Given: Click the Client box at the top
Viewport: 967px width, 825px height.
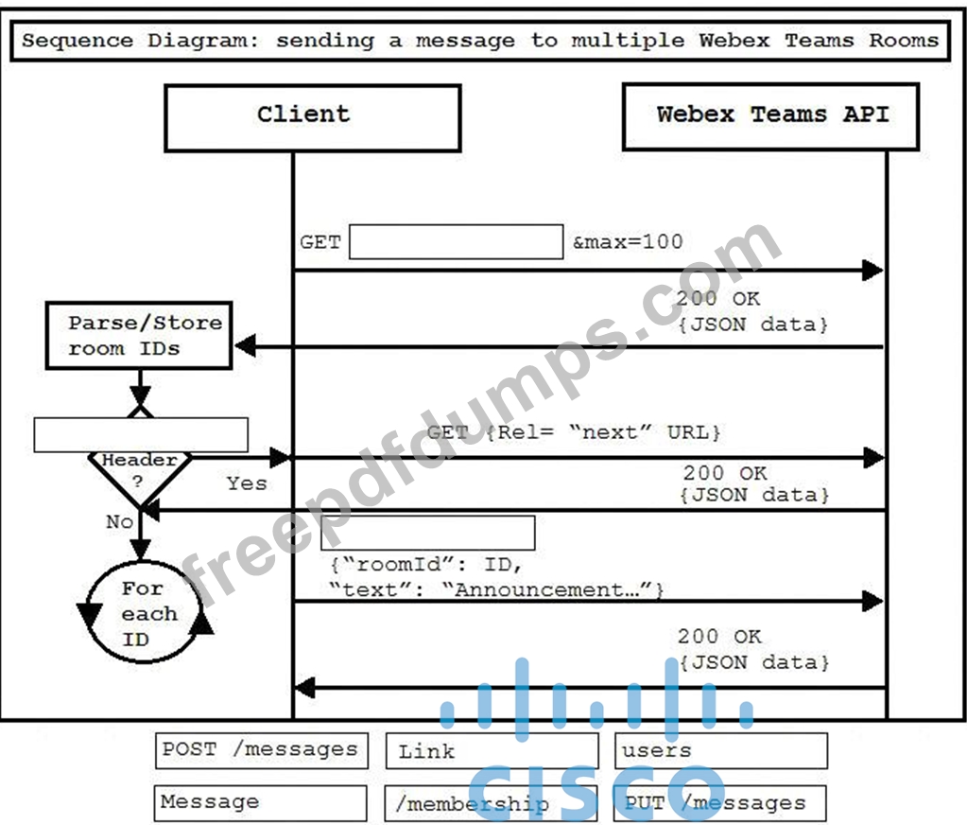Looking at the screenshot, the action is point(313,118).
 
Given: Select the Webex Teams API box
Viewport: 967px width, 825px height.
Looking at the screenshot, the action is point(771,116).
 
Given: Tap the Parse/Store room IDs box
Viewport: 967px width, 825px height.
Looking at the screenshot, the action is point(139,336).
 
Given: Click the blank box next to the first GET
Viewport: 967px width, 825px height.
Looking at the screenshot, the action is point(457,242).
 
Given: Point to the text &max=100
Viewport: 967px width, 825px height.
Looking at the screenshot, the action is point(628,241).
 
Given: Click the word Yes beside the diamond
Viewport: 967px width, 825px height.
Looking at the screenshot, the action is point(247,483).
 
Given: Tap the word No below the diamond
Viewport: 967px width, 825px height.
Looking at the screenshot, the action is point(120,522).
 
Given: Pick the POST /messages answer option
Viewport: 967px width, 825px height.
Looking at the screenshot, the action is point(262,750).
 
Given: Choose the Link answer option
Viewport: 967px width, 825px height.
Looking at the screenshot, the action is point(492,751).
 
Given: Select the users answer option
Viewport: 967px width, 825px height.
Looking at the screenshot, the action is point(721,751).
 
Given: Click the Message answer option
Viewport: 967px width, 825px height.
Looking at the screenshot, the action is point(260,803).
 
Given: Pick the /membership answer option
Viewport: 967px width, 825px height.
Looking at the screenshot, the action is point(491,803).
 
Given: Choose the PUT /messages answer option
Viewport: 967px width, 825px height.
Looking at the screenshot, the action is point(719,803).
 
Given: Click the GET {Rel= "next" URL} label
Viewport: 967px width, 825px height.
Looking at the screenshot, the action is point(574,432).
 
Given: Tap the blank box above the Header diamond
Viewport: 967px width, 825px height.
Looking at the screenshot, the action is point(141,435).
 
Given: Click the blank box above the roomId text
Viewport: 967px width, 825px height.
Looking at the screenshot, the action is point(428,534).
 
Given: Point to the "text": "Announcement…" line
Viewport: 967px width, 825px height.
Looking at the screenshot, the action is point(496,590).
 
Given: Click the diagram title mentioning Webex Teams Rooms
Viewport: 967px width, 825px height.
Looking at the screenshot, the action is point(480,41).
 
